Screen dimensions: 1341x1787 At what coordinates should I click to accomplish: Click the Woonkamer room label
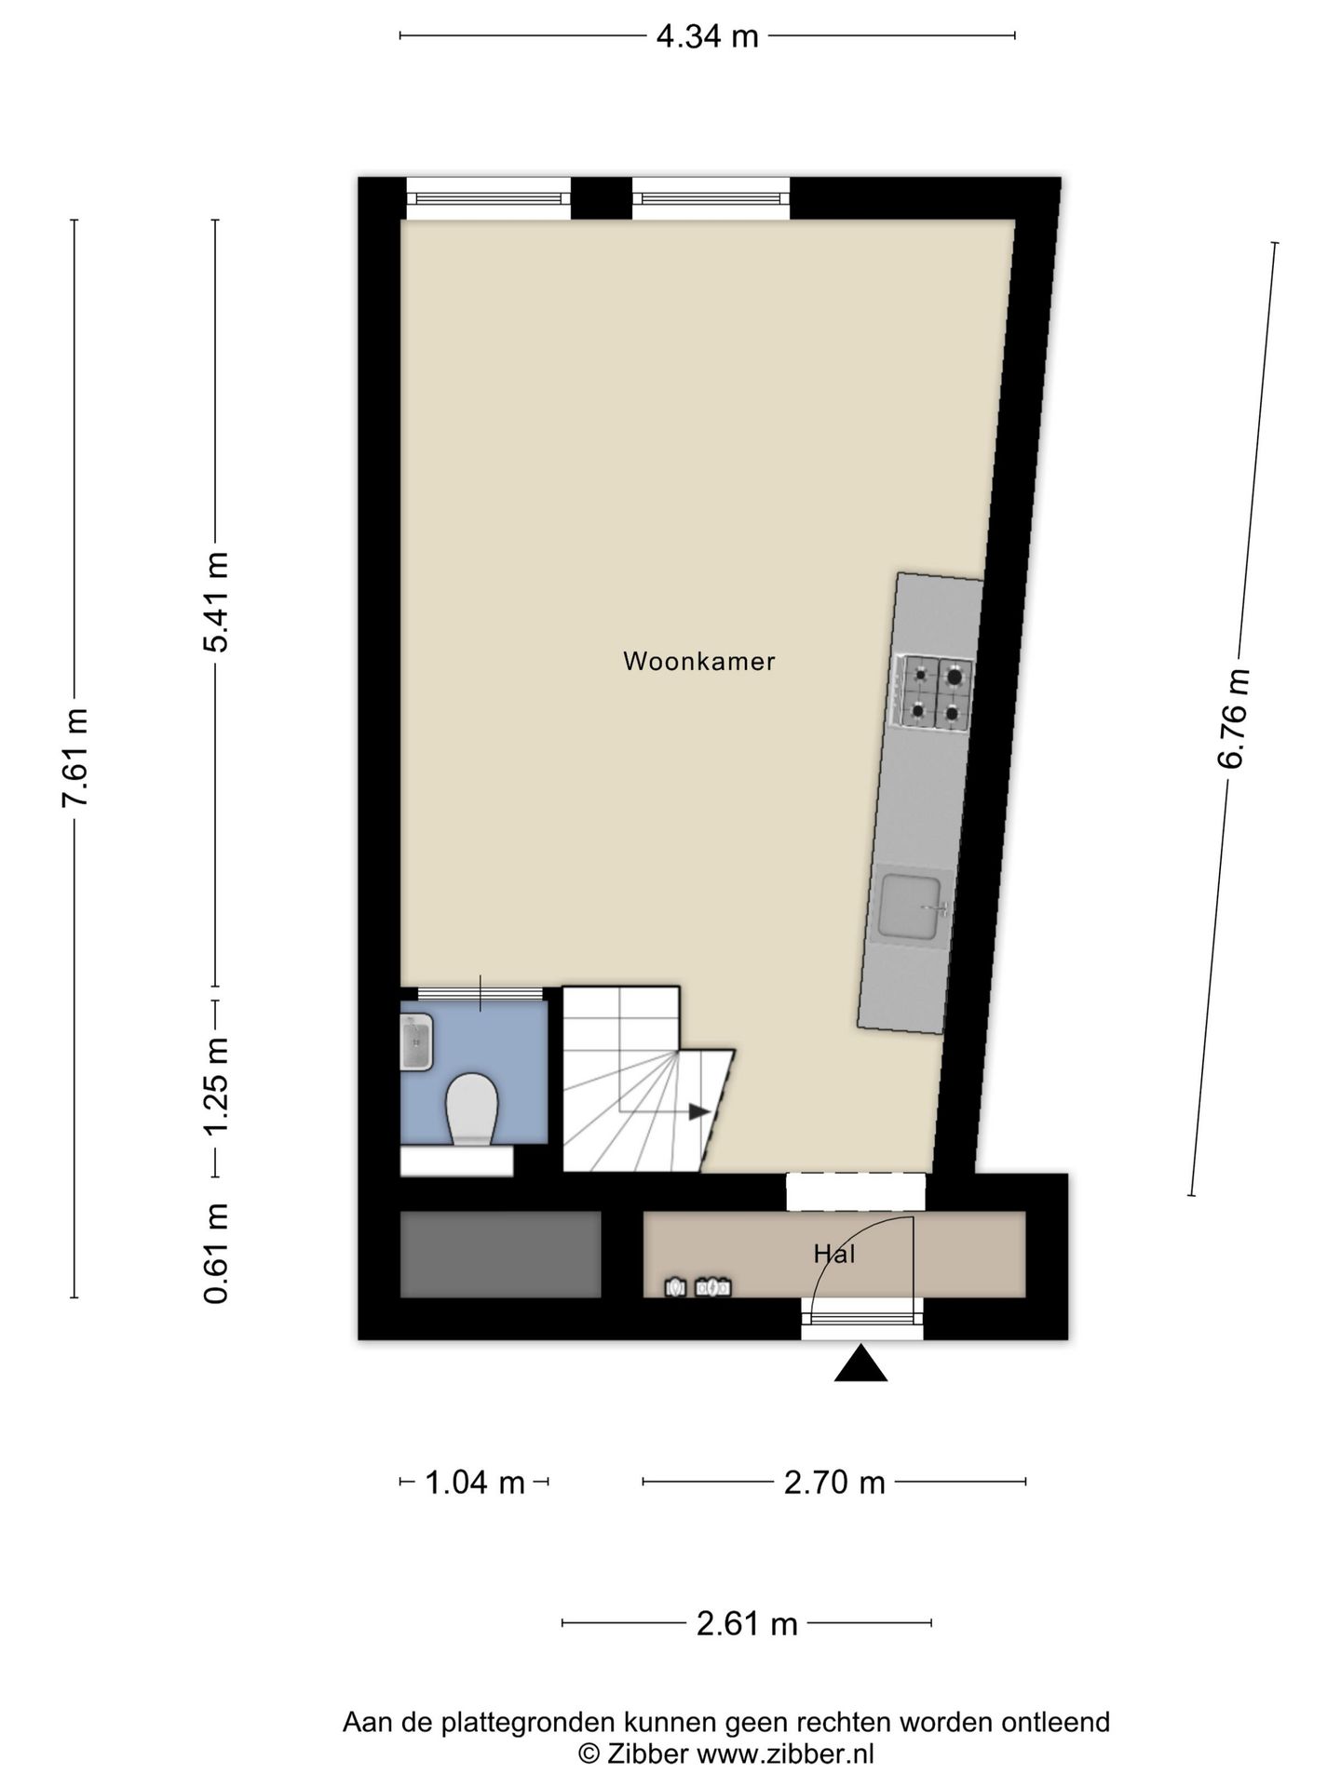pos(698,662)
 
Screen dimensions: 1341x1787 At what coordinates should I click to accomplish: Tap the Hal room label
pos(834,1254)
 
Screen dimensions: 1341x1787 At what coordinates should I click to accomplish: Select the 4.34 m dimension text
pos(708,36)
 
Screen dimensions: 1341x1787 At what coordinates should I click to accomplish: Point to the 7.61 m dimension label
pos(74,758)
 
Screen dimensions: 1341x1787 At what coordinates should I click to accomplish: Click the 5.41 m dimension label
pos(216,602)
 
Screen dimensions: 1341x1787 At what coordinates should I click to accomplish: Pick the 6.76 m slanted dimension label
pos(1232,718)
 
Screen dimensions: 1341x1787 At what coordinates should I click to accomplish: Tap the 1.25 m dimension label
pos(216,1085)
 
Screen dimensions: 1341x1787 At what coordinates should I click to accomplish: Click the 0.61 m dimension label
pos(216,1253)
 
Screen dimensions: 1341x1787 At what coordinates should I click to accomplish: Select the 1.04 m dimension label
pos(475,1481)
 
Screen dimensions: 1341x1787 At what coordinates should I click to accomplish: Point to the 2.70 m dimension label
pos(834,1481)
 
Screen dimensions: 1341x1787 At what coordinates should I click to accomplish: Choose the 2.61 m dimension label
pos(747,1623)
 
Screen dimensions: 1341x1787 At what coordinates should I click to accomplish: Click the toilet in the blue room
pos(471,1109)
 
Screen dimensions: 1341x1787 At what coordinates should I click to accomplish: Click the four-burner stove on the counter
pos(934,692)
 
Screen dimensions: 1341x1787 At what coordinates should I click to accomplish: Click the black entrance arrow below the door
pos(860,1364)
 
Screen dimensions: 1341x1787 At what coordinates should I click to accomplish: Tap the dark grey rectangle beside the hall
pos(501,1254)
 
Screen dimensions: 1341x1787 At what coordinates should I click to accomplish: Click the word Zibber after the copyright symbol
pos(647,1754)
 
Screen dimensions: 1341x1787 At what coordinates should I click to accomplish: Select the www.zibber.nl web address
pos(786,1754)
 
